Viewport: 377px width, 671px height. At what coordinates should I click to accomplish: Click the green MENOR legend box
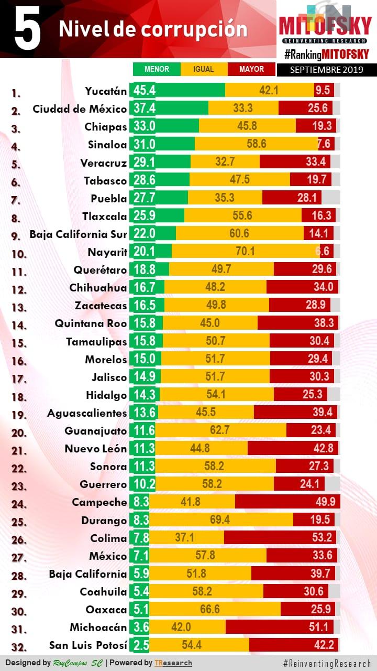tap(157, 69)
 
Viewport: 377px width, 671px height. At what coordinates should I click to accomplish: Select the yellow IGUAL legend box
tap(204, 69)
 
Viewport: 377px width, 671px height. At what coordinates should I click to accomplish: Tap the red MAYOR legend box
tap(251, 69)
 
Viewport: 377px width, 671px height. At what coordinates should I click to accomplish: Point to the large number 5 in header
tap(27, 30)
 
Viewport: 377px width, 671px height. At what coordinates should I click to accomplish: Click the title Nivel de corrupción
tap(153, 29)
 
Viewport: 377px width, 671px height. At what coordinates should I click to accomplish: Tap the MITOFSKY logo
tap(325, 26)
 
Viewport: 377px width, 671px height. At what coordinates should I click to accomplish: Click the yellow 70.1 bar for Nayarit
tap(245, 252)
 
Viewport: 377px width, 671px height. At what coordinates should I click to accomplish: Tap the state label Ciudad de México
tap(80, 109)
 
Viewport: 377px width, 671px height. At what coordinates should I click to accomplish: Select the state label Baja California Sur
tap(78, 234)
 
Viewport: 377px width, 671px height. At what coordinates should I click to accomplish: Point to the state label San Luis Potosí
tap(88, 645)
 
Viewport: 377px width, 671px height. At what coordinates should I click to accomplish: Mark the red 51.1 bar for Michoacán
tap(282, 627)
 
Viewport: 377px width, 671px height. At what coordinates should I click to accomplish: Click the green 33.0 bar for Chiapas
tap(166, 126)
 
